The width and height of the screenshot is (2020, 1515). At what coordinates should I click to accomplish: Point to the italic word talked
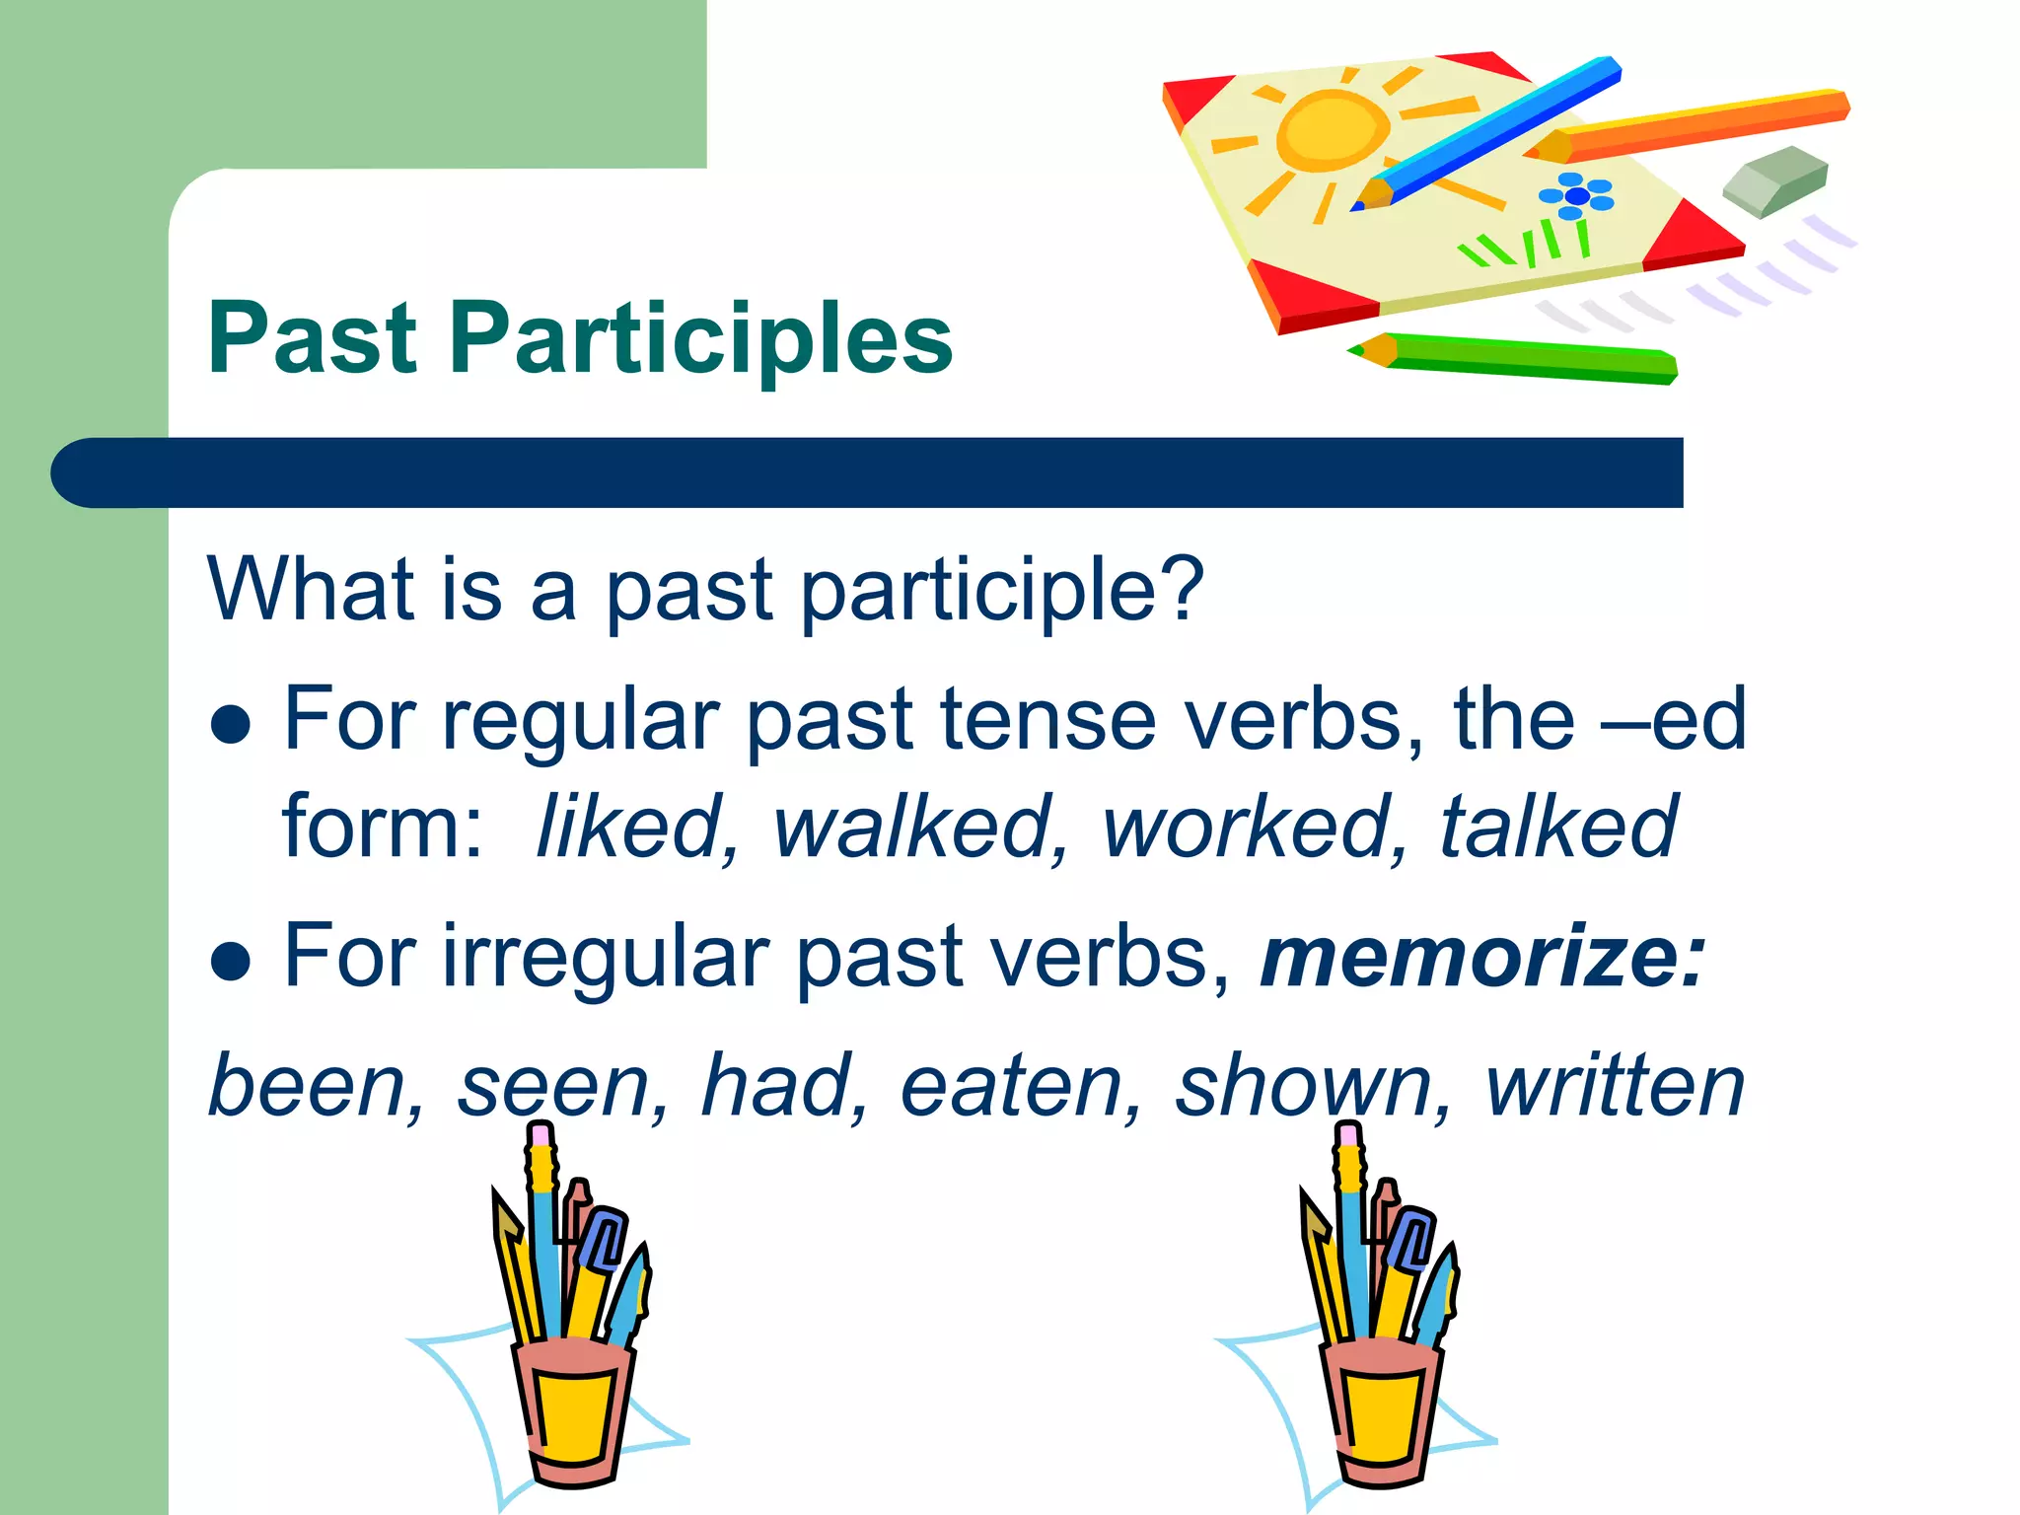click(1558, 827)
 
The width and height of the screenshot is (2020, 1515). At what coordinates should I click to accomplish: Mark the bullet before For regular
click(231, 725)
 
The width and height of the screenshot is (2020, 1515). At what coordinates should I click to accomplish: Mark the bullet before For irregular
click(231, 962)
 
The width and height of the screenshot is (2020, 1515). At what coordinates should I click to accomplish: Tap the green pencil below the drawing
click(1519, 359)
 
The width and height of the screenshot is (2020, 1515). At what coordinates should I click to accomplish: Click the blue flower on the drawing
click(1576, 195)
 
